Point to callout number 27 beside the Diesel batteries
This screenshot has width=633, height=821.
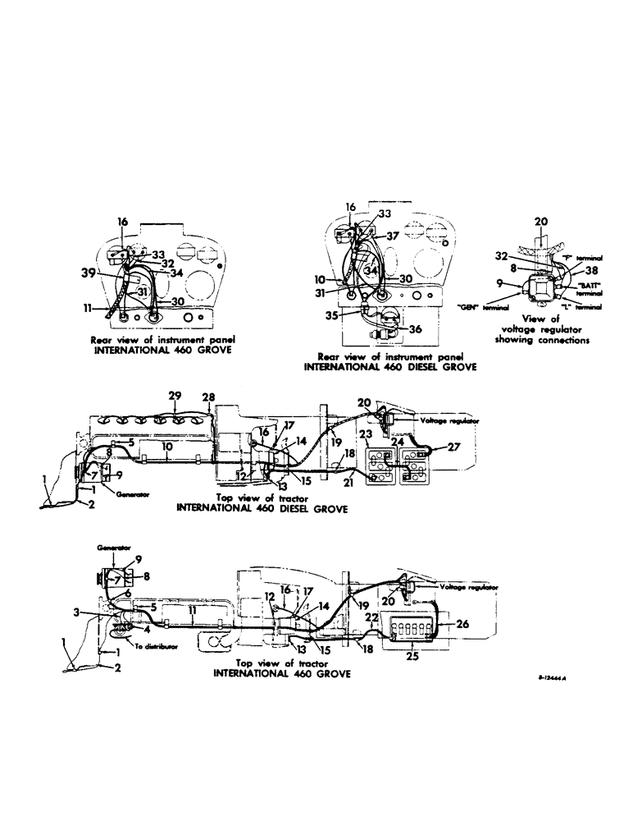[453, 448]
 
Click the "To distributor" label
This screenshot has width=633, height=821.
[159, 648]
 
